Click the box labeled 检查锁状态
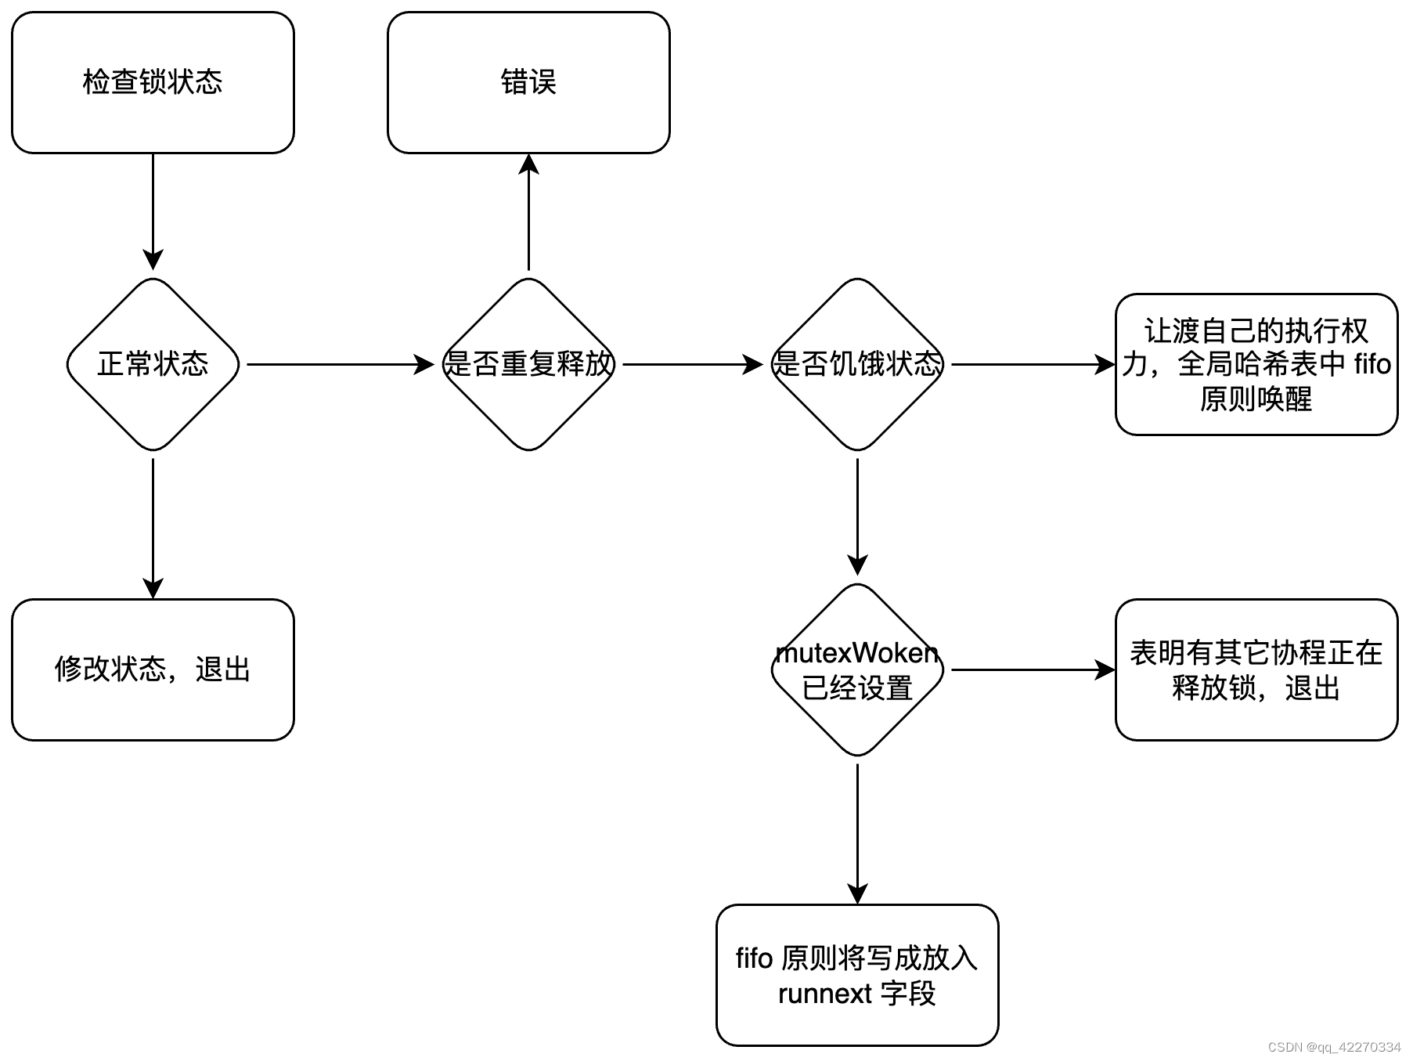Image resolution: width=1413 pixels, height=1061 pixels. click(x=153, y=82)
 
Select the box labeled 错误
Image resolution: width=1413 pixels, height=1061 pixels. click(x=528, y=82)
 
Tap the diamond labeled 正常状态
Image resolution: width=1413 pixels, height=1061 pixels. click(x=153, y=364)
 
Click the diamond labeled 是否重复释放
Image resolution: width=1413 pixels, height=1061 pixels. click(x=528, y=364)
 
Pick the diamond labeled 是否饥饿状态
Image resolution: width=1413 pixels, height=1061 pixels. click(x=857, y=364)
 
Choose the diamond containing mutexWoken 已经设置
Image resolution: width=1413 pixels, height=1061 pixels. click(x=857, y=669)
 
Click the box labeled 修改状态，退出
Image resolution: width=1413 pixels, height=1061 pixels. click(x=153, y=669)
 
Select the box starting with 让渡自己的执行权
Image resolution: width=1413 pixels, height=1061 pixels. click(x=1256, y=364)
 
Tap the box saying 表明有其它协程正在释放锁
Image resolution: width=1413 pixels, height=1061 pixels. click(x=1256, y=669)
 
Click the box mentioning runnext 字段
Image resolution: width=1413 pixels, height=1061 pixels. click(x=857, y=975)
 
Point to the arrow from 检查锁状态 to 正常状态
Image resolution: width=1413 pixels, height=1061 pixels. click(x=153, y=211)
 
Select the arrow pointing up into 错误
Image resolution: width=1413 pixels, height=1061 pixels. click(x=528, y=211)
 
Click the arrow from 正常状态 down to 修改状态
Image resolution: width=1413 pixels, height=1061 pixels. click(x=153, y=529)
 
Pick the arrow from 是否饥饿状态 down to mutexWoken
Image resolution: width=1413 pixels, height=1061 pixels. click(x=857, y=517)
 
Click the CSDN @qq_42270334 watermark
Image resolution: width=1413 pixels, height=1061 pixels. click(x=1334, y=1047)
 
